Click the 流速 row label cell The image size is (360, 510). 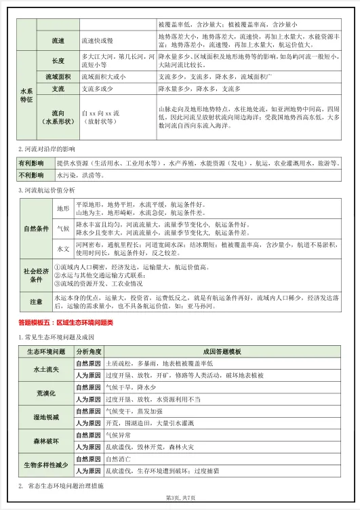point(58,41)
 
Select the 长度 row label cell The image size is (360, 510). point(58,61)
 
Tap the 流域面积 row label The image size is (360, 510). point(58,77)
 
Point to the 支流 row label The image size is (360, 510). point(58,89)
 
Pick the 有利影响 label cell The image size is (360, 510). point(32,163)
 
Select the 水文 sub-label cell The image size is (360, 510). point(63,249)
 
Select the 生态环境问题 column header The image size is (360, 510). point(45,352)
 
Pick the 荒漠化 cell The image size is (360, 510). point(45,393)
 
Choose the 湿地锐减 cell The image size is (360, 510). point(45,416)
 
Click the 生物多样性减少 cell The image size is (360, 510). point(45,465)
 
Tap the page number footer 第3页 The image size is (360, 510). point(180,498)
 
